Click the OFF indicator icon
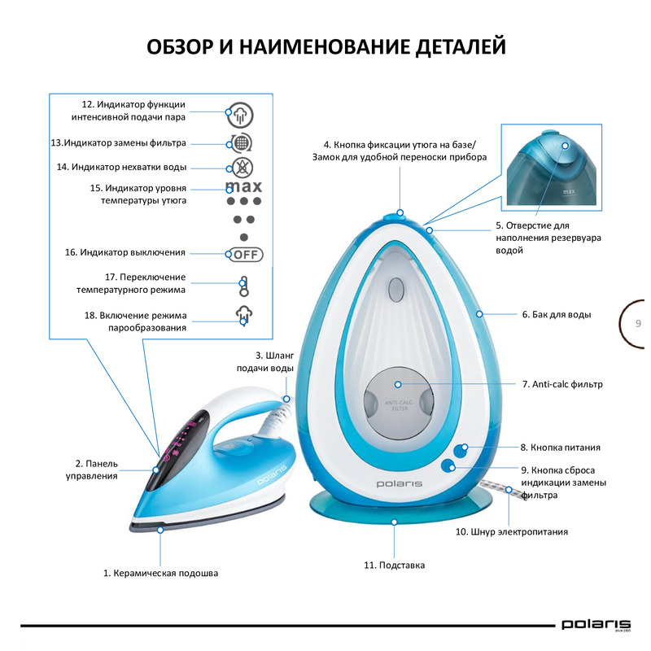click(x=246, y=255)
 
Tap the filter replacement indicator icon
click(x=241, y=143)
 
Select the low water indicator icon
click(x=242, y=168)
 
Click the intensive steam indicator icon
click(x=240, y=115)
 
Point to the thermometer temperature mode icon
click(x=243, y=286)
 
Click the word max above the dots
click(x=243, y=187)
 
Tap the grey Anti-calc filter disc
click(x=399, y=404)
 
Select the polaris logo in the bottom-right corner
click(x=596, y=625)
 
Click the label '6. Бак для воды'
click(x=557, y=315)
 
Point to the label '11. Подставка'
click(x=395, y=566)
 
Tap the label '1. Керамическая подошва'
click(x=160, y=574)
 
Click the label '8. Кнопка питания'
click(x=561, y=448)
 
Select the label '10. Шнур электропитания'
click(x=512, y=532)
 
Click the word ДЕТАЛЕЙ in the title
click(x=461, y=46)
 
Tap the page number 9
click(x=638, y=323)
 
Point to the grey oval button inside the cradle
click(x=396, y=290)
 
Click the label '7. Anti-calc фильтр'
click(x=562, y=384)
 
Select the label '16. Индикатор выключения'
click(x=125, y=252)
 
